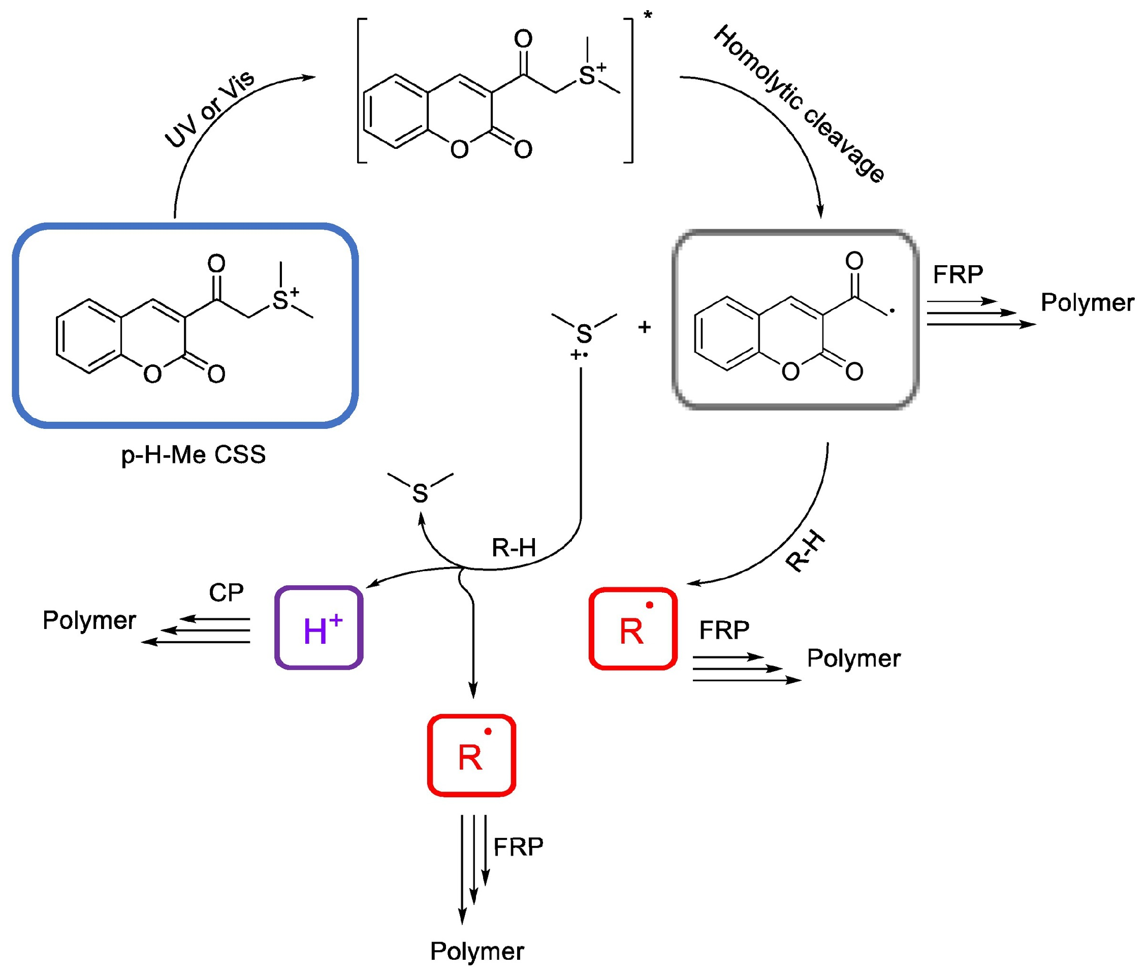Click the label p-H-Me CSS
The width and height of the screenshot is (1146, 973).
click(x=193, y=455)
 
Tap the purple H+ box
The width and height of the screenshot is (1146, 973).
click(x=319, y=627)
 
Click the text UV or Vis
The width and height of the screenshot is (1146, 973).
click(x=210, y=109)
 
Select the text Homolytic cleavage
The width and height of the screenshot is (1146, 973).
click(x=799, y=103)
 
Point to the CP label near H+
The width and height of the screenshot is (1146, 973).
click(x=226, y=592)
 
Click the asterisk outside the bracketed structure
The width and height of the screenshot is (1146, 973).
click(x=648, y=15)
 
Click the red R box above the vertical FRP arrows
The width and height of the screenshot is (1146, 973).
click(x=471, y=756)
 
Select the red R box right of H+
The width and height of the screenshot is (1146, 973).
click(x=632, y=629)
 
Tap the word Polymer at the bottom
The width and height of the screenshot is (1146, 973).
click(x=477, y=951)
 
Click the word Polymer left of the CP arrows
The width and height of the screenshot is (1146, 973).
click(x=89, y=620)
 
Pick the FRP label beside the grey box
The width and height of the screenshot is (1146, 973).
click(x=958, y=274)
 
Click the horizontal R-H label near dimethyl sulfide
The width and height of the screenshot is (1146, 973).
click(x=514, y=548)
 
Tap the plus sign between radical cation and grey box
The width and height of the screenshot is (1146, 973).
click(x=644, y=327)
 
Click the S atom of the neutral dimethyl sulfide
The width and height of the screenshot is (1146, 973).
click(x=420, y=493)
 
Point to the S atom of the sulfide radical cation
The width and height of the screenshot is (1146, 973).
click(x=584, y=334)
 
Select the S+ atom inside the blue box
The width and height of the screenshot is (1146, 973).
click(x=280, y=300)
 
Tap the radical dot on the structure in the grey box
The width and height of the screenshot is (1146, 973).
click(x=893, y=311)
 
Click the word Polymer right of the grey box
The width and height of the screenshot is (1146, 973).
click(x=1087, y=302)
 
